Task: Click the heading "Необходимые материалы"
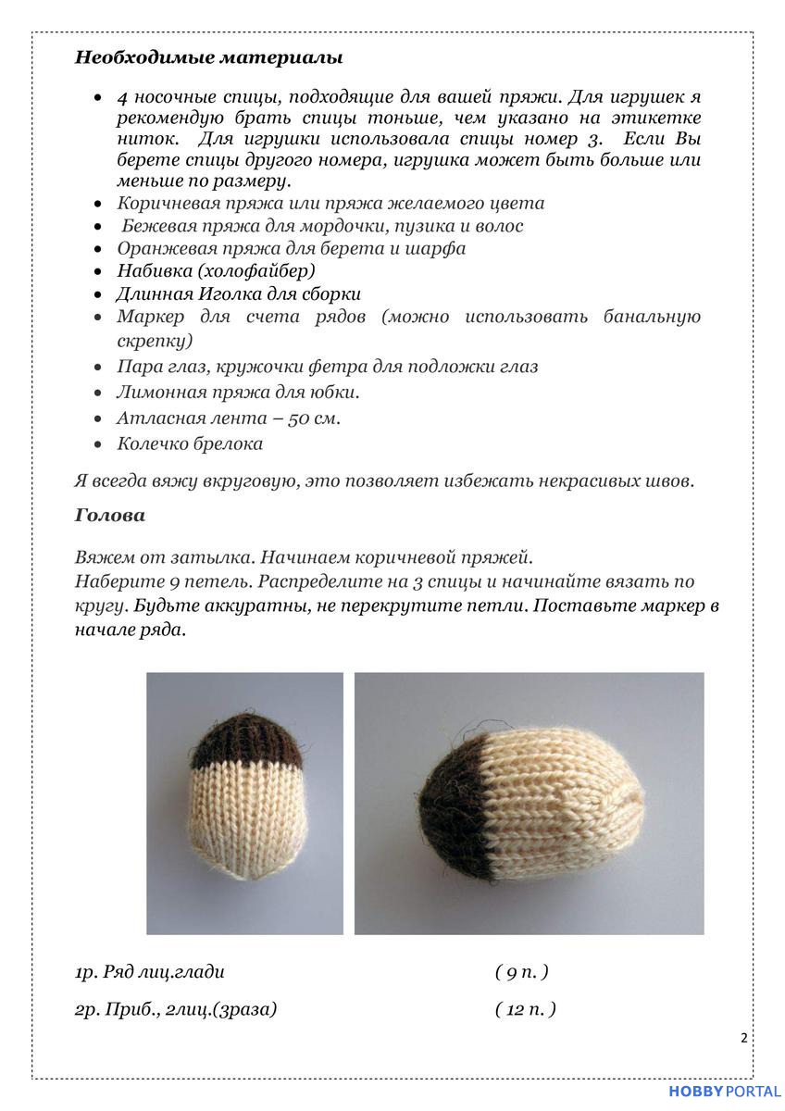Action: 208,57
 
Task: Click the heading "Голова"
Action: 109,516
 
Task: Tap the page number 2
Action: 743,1038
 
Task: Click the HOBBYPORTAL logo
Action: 724,1092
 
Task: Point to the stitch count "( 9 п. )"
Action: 521,972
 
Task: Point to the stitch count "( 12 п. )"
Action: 525,1009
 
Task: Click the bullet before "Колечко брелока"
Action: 98,444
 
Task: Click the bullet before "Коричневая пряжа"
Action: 98,204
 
